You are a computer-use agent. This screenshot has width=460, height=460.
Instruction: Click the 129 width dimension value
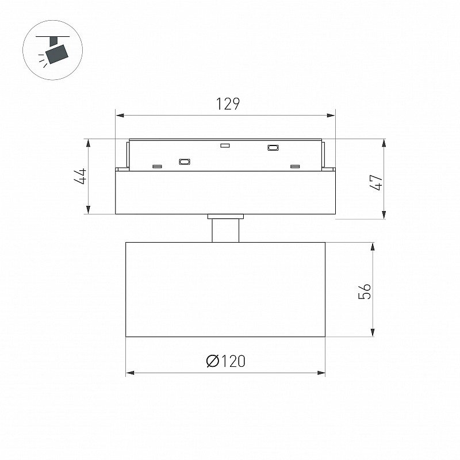[228, 104]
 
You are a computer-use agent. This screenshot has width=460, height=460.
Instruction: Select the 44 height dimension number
[80, 176]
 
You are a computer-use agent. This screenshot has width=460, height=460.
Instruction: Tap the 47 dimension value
[377, 182]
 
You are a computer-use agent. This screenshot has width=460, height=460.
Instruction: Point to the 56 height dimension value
[365, 291]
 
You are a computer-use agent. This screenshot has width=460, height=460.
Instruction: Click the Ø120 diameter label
[225, 361]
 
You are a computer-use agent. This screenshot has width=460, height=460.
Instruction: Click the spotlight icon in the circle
[53, 51]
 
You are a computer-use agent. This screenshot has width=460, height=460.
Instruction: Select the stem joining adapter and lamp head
[225, 231]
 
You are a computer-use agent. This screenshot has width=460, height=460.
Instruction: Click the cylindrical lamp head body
[225, 290]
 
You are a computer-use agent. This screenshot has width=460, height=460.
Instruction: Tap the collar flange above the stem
[225, 217]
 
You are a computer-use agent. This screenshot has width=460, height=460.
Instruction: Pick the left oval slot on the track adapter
[185, 162]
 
